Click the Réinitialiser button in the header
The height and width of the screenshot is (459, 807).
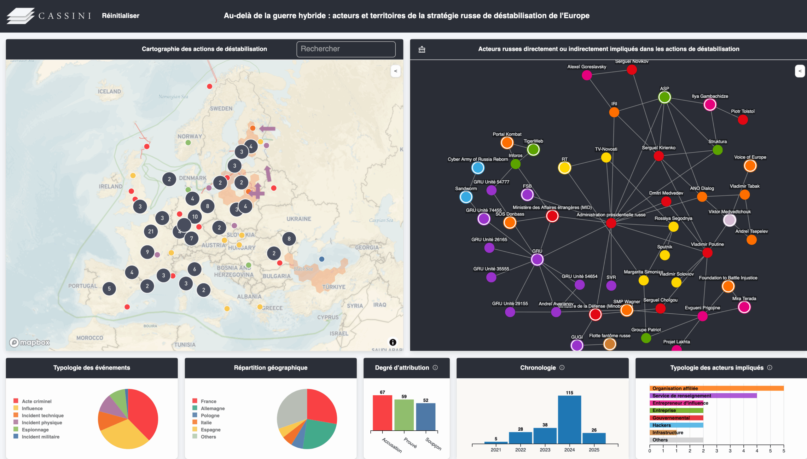(x=120, y=16)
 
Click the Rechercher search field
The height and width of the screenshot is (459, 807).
(x=346, y=49)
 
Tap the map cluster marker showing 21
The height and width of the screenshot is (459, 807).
(x=151, y=231)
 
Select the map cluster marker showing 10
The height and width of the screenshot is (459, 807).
(x=195, y=217)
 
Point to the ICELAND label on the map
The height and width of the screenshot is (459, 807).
(x=109, y=91)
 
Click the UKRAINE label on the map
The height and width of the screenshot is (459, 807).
(x=299, y=219)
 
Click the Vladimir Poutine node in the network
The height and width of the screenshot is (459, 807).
(x=707, y=253)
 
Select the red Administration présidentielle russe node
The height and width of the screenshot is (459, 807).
(x=611, y=223)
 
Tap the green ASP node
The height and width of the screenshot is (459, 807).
(x=664, y=97)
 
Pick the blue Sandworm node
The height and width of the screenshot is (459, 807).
(x=466, y=197)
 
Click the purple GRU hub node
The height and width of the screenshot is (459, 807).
(x=537, y=259)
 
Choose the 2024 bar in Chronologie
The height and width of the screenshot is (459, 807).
(x=569, y=419)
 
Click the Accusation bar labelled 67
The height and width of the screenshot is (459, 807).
(x=382, y=413)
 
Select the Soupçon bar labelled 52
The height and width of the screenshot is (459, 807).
(x=426, y=416)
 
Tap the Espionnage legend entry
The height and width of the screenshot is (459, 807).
(x=35, y=430)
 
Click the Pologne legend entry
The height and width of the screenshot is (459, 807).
(x=210, y=415)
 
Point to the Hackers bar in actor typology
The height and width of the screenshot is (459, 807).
(x=676, y=425)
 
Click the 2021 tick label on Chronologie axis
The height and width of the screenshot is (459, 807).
(x=496, y=450)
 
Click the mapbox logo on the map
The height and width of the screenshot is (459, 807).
(x=30, y=342)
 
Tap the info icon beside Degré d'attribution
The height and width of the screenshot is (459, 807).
(x=435, y=368)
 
